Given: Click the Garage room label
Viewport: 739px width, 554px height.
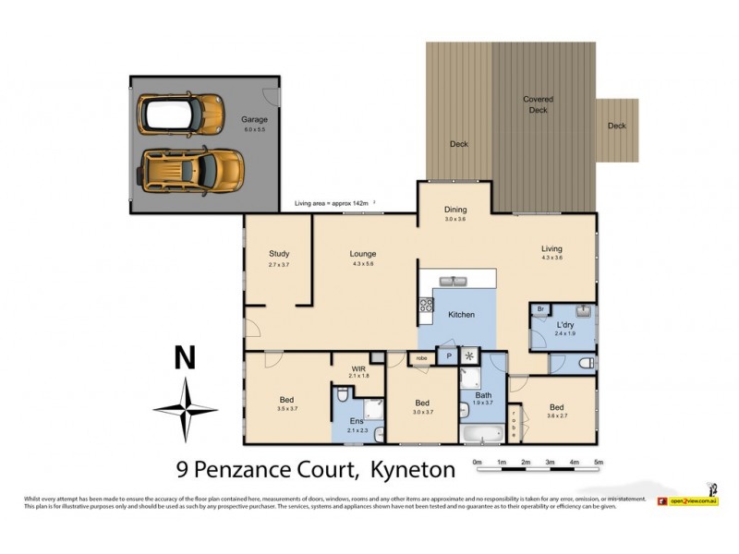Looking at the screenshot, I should [254, 120].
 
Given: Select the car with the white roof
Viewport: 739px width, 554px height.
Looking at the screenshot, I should [180, 114].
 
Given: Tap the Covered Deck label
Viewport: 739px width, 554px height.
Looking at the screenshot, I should [539, 104].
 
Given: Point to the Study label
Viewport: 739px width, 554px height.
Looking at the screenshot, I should [280, 254].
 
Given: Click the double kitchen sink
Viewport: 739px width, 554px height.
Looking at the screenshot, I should [457, 282].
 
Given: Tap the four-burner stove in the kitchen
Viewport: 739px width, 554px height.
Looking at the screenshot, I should [427, 304].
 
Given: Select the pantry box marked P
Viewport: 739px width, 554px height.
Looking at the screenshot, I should [449, 355].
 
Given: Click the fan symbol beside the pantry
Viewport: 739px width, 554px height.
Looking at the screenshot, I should [470, 355].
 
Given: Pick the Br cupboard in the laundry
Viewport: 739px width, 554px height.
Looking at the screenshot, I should [540, 310].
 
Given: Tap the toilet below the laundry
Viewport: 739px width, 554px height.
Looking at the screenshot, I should [583, 364].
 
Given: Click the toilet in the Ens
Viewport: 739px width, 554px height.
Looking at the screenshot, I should [342, 395].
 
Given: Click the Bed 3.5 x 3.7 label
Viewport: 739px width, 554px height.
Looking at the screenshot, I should [287, 403].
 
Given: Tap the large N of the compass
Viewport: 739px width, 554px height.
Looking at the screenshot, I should [186, 358].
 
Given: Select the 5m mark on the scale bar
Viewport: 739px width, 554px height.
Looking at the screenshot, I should [598, 462].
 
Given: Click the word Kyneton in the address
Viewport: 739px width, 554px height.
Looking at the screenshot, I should [413, 470].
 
